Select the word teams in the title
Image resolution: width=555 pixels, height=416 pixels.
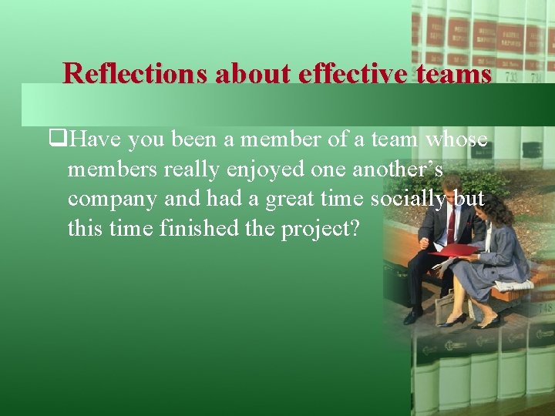[451, 73]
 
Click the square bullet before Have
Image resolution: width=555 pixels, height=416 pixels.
[55, 140]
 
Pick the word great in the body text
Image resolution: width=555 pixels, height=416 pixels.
[291, 200]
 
